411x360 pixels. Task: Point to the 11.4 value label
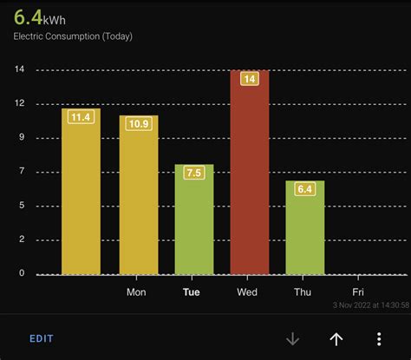[x=81, y=117]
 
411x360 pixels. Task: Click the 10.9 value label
[x=139, y=124]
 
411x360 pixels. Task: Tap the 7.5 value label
[x=193, y=173]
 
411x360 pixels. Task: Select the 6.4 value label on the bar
[x=304, y=189]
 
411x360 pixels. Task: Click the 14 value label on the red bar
[x=249, y=79]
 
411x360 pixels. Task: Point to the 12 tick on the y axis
[x=20, y=104]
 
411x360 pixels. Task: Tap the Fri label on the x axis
[x=359, y=292]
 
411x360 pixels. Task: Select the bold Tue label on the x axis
[x=192, y=292]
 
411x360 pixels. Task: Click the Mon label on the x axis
[x=136, y=292]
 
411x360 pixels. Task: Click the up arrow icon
[x=336, y=339]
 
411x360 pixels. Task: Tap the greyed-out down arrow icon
[x=292, y=339]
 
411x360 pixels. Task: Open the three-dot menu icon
[x=379, y=339]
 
